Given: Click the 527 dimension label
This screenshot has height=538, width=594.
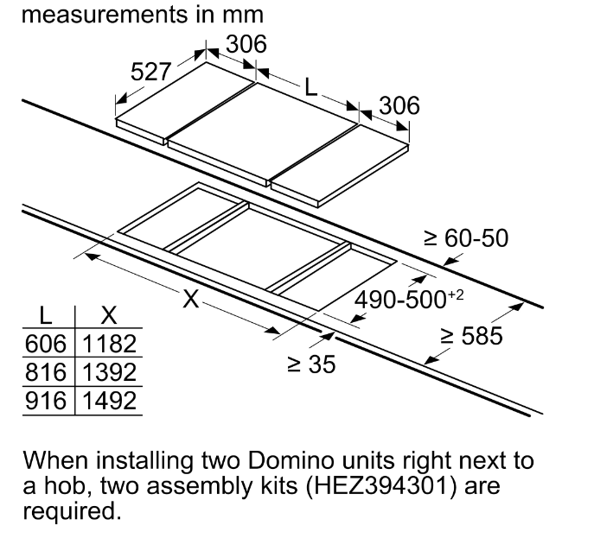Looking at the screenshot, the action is point(150,72).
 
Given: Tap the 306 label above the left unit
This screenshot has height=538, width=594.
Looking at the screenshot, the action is point(246,44).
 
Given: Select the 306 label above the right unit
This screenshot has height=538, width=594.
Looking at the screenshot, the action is point(399,105).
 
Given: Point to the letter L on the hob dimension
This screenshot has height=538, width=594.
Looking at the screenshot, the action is point(310,87).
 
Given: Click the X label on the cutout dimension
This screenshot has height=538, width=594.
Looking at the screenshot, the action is point(191,299).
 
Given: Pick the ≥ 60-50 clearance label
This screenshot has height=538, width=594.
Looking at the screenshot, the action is point(466,238).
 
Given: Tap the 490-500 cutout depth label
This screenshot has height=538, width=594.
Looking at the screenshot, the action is point(408,299).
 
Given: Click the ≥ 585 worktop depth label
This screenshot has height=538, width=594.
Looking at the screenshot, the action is point(472,336).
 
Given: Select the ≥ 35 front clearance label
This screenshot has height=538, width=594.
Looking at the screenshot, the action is point(311,364).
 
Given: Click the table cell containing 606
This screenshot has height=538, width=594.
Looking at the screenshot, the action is point(46,344).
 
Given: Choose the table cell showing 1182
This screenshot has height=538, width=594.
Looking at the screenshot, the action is point(109,344).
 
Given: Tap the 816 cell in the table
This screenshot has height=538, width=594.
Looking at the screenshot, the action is point(46,372).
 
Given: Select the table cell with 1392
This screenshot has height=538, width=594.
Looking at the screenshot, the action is point(109,372).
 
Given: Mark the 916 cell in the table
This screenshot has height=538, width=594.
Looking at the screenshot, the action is point(46,401).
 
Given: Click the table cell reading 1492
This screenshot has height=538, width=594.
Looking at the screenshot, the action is point(109,401).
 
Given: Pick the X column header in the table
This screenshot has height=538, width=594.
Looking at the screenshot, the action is point(109,315).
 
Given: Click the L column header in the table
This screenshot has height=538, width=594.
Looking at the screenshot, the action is point(46,315).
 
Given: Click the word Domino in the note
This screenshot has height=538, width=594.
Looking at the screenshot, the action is point(291,460).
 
